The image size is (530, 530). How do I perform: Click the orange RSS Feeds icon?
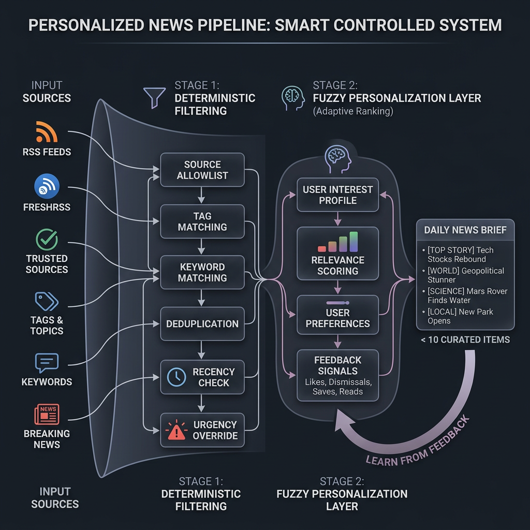tap(47, 132)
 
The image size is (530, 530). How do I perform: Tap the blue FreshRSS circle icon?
tap(47, 186)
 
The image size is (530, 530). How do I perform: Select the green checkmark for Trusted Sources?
tap(47, 239)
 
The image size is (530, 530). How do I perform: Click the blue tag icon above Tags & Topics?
tap(47, 301)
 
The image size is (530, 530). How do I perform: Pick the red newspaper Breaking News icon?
tap(47, 414)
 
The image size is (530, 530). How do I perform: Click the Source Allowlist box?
tap(202, 170)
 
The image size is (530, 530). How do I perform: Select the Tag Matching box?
tap(202, 222)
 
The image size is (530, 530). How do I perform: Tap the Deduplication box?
tap(202, 324)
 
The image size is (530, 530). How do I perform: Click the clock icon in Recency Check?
tap(176, 377)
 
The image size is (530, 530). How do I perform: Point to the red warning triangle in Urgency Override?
tap(176, 430)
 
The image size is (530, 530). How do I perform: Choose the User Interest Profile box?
tap(337, 195)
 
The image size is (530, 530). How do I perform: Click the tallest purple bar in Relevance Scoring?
tap(354, 242)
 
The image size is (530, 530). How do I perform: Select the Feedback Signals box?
tap(337, 375)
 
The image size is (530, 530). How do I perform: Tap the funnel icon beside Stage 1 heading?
tap(154, 98)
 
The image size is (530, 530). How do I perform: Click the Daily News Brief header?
tap(465, 230)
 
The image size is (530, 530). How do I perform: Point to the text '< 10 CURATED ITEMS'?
tap(465, 340)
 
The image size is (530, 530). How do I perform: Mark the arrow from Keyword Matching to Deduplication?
tap(201, 298)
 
